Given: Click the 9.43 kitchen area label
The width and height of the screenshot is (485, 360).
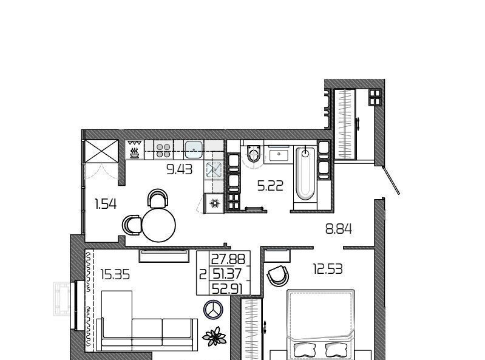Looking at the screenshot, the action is point(180,169).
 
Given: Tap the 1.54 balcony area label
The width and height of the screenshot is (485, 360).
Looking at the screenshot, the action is point(106,204).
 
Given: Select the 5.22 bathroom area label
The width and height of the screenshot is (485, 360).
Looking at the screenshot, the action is point(270,186).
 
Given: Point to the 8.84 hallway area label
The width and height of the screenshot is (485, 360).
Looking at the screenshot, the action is point(339,229).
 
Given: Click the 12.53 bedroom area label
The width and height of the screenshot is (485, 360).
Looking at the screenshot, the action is point(328,269).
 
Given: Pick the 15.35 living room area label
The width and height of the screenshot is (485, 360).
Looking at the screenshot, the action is point(115,274).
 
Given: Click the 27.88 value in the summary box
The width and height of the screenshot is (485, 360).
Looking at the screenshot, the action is point(228,259).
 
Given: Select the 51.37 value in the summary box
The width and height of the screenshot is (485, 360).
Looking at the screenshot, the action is point(228,274).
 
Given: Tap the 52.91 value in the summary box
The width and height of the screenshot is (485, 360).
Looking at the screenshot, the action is point(227,289).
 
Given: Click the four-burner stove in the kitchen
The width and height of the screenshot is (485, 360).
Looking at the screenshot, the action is point(163,150).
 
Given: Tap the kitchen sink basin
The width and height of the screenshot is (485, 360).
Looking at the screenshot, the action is point(194,149).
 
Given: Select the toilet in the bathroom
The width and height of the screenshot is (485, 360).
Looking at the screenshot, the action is point(254,153).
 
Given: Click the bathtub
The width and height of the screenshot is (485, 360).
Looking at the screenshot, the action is point(305,174).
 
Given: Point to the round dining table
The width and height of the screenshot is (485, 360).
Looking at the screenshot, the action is point(158,225).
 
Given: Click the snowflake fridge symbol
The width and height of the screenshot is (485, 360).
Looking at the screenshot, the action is point(214,203).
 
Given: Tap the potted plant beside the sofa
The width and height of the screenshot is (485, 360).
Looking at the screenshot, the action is point(214,336).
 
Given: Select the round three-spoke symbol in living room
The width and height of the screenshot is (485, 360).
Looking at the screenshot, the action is point(214,309).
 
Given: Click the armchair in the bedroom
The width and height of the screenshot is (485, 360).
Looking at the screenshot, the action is point(278,276).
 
